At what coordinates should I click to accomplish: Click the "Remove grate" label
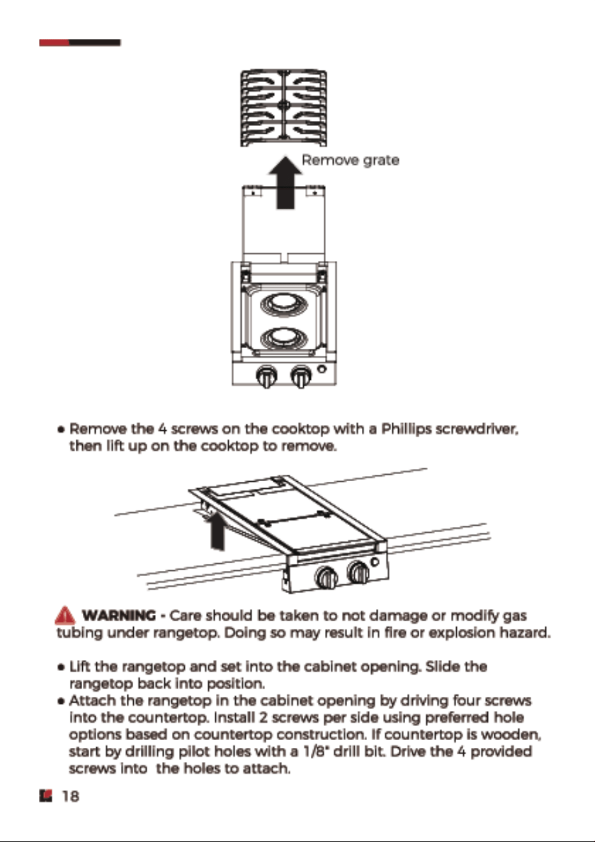(350, 160)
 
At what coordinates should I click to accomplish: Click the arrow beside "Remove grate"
(285, 182)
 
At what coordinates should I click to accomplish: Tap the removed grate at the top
(283, 108)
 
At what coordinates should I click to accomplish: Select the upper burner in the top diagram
(283, 304)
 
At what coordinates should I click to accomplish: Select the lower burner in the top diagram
(283, 337)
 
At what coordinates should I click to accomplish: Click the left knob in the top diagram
(266, 376)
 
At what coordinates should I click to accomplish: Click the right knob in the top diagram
(301, 376)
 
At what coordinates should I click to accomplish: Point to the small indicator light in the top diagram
(322, 369)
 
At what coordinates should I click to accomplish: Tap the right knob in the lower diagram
(359, 573)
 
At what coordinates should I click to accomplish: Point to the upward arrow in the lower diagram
(217, 531)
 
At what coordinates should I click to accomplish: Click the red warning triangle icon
(65, 615)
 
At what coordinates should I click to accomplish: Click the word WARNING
(118, 615)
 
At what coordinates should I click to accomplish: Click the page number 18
(71, 796)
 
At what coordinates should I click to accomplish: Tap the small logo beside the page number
(45, 796)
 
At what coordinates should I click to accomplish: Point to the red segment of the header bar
(55, 43)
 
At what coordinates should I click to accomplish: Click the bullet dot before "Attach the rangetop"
(61, 701)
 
